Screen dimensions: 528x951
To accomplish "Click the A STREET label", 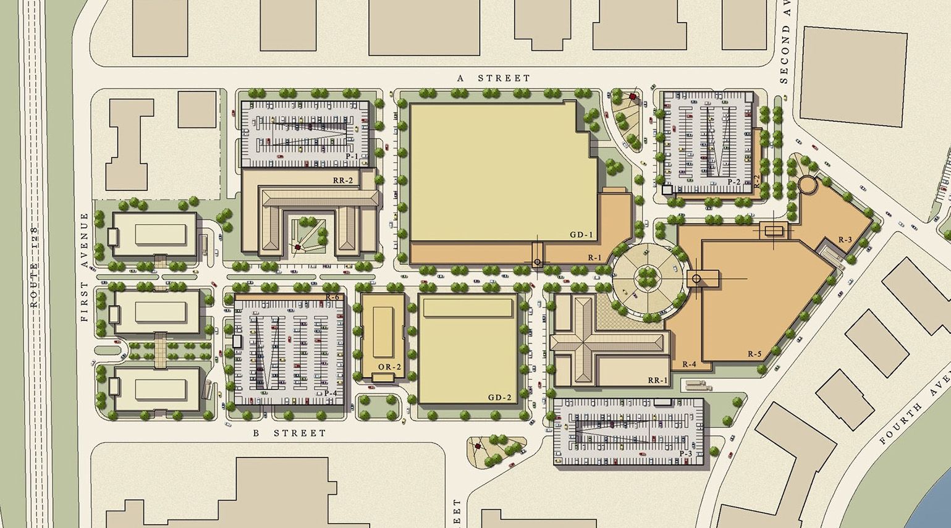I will coord(493,78).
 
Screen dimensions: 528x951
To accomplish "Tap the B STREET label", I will coord(289,433).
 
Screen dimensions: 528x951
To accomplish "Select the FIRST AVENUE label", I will coord(85,267).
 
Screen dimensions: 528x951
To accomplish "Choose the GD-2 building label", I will coord(500,397).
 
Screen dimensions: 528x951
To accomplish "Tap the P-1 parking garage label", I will coord(352,157).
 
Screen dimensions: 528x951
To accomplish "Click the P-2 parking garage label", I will coord(733,182).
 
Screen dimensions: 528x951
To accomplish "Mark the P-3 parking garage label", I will coord(685,454).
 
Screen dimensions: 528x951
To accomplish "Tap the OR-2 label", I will coord(389,367).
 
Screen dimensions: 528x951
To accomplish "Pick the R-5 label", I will coord(754,354).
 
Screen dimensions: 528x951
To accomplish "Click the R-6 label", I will coord(332,298).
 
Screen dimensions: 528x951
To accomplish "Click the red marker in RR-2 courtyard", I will coord(297,248).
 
